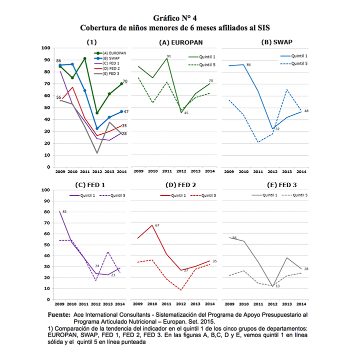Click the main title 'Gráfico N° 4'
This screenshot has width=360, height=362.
179,18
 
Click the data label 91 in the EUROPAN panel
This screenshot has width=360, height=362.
169,56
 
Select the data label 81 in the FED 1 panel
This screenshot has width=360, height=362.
64,213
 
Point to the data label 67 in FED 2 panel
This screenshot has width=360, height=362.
157,226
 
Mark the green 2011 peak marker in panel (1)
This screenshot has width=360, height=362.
84,59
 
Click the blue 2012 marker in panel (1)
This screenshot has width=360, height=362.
97,128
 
